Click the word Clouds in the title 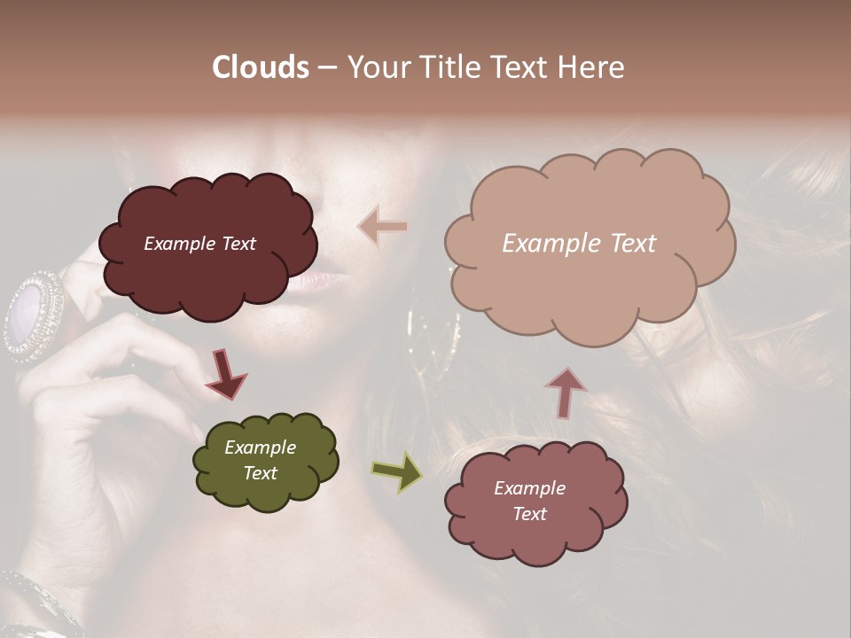coord(261,67)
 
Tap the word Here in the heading coord(591,67)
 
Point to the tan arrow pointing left coord(383,227)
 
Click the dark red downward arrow coord(225,373)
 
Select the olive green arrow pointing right coord(397,471)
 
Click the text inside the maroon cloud coord(199,244)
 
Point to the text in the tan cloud coord(579,244)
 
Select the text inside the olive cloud coord(260,460)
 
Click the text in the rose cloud coord(529,501)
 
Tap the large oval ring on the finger coord(33,315)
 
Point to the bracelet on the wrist coord(35,603)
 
